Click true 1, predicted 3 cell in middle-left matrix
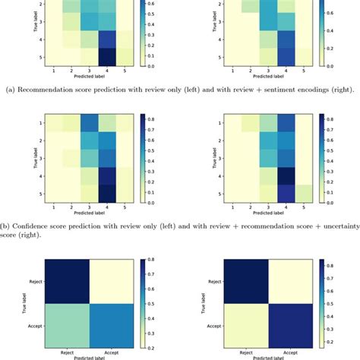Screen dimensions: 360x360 (x=87, y=122)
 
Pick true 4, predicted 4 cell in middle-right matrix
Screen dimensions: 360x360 (x=286, y=176)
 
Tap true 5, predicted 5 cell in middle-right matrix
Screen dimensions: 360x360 (x=305, y=194)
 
